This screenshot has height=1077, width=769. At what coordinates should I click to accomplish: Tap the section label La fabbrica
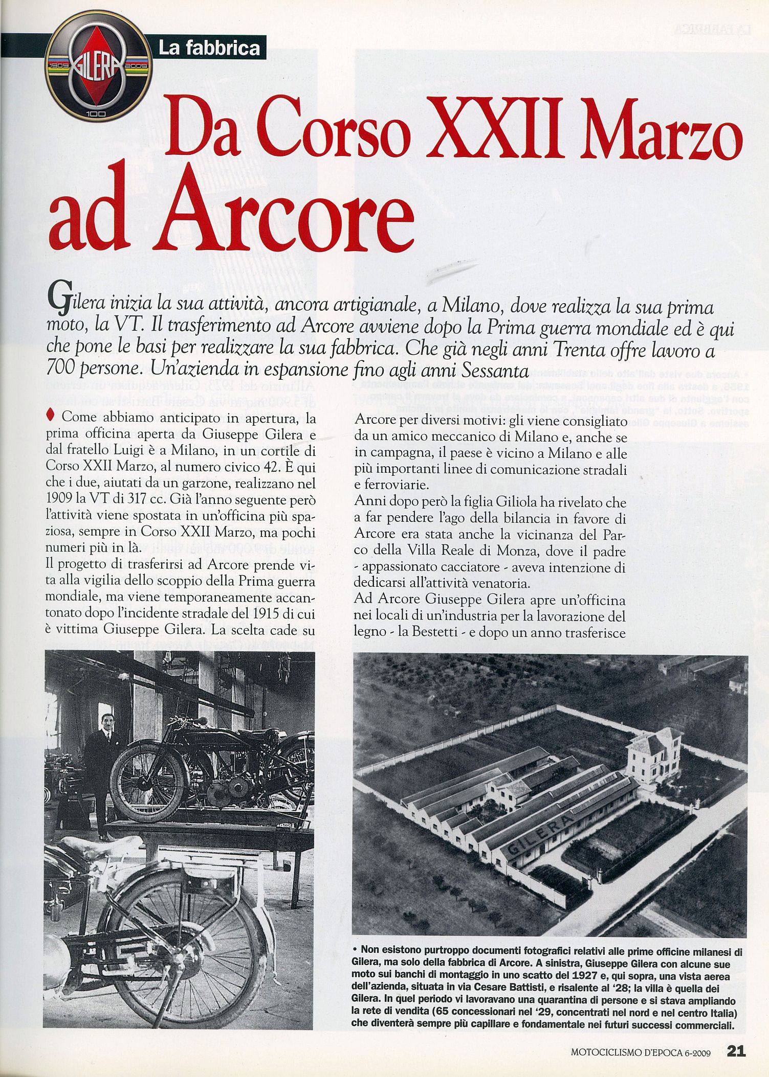tap(209, 48)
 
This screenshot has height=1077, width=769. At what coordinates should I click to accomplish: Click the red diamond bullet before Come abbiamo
tap(50, 416)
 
